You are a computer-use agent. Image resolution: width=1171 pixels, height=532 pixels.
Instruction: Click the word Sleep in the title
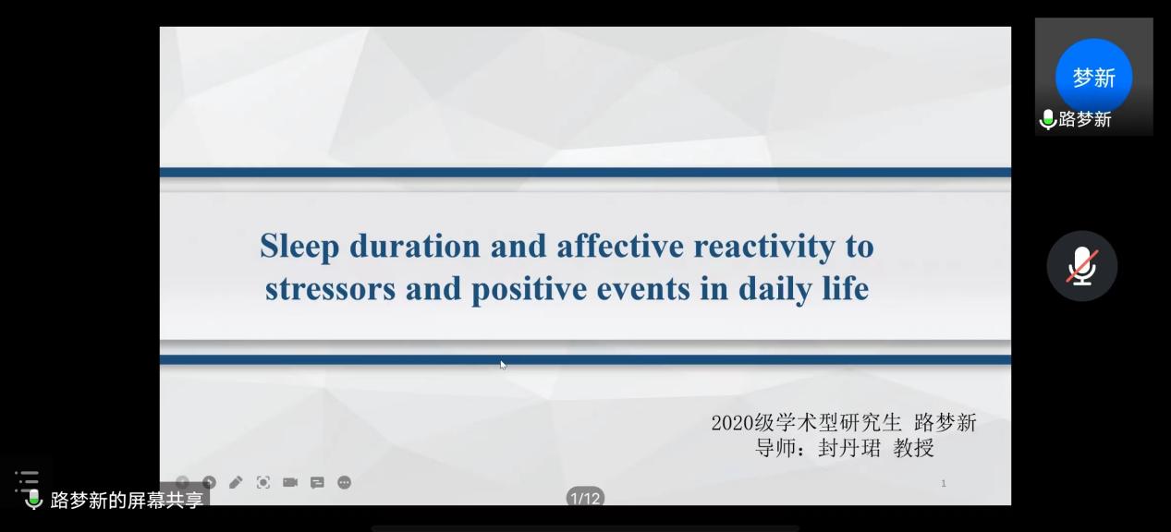(x=299, y=247)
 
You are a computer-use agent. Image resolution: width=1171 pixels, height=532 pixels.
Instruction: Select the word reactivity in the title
(x=764, y=246)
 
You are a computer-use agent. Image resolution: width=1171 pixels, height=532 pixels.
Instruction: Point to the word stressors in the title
(x=330, y=288)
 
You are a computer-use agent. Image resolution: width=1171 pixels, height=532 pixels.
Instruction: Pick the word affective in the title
(x=620, y=246)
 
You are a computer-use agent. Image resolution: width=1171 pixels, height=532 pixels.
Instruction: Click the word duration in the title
(x=415, y=246)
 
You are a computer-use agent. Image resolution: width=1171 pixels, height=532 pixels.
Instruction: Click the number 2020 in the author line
(x=732, y=423)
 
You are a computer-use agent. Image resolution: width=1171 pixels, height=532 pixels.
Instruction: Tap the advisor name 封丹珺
(x=849, y=448)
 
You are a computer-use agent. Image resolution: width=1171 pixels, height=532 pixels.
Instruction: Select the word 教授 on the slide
(x=914, y=448)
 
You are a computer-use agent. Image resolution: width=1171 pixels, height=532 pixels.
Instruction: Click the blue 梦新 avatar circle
(x=1093, y=78)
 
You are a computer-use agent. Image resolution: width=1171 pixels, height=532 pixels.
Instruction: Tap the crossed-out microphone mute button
(x=1082, y=266)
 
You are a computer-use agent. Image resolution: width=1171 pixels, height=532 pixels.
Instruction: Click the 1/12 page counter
(x=585, y=498)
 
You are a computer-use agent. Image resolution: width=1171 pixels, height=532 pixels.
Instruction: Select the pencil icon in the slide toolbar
(x=236, y=482)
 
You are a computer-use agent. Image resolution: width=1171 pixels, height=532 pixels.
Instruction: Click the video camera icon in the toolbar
(x=290, y=482)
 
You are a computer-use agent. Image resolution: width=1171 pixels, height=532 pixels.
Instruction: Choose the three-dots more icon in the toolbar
(x=344, y=482)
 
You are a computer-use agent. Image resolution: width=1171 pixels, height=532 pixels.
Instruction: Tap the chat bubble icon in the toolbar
(x=317, y=483)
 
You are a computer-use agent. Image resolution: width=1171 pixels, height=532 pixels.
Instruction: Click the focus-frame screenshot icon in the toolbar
(x=263, y=482)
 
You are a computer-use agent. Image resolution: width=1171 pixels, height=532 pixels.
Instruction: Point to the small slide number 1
(x=944, y=483)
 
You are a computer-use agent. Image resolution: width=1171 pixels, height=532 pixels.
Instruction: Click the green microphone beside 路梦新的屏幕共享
(x=34, y=500)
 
